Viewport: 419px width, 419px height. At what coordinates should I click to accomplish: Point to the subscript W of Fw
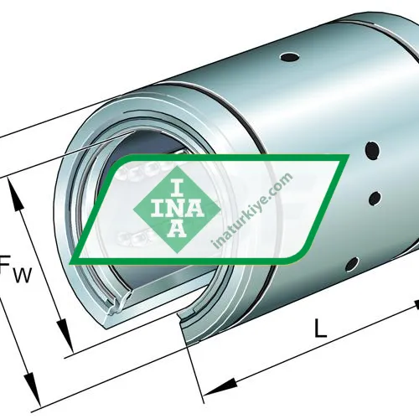[22, 274]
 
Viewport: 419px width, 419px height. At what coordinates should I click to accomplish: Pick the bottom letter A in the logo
[177, 228]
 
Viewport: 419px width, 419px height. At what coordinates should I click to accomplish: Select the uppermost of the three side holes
[368, 153]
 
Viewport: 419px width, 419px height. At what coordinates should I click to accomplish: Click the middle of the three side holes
[374, 199]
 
